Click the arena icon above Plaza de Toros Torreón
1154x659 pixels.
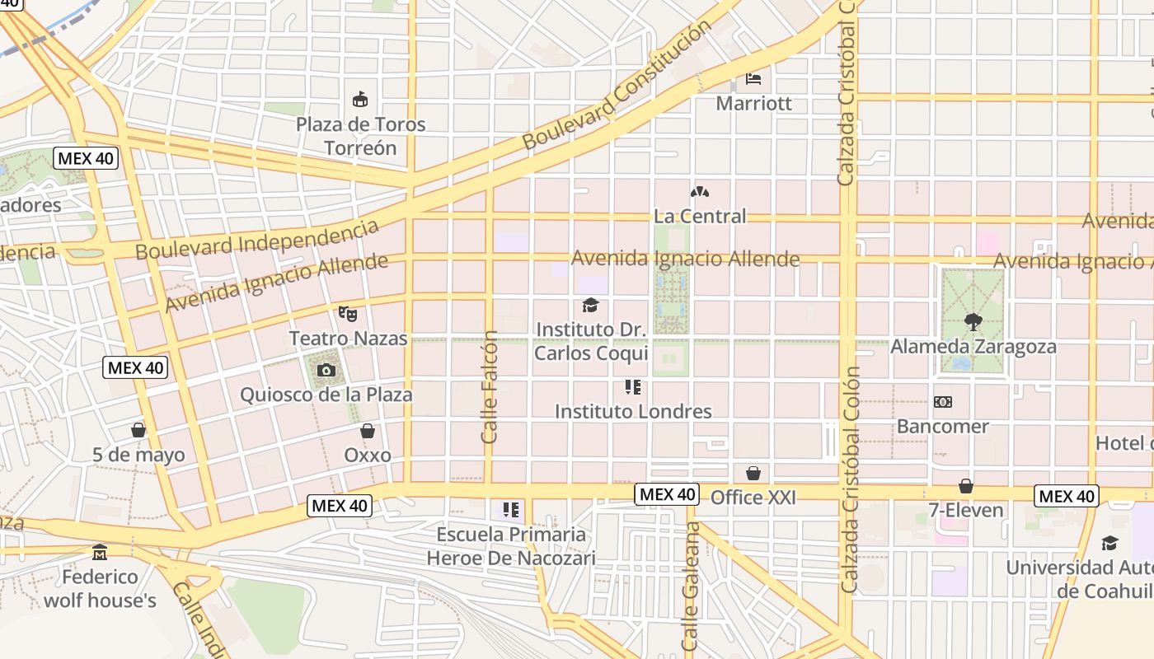(x=359, y=100)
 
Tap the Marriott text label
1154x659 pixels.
(x=753, y=104)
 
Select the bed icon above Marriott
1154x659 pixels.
(x=753, y=79)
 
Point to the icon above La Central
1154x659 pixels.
(x=700, y=193)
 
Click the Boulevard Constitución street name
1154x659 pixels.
(x=617, y=85)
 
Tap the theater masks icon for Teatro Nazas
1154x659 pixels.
(x=348, y=314)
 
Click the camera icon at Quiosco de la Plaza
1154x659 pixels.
(x=326, y=371)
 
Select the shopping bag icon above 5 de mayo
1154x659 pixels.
(x=138, y=430)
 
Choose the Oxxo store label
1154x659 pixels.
(x=368, y=455)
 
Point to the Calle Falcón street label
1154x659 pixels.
(x=490, y=387)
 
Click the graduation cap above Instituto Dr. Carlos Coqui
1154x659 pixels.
(x=590, y=306)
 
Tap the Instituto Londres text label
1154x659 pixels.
(x=633, y=411)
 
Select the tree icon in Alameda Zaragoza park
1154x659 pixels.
(x=973, y=322)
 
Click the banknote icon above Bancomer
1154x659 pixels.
(x=943, y=402)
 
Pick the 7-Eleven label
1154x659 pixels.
(x=966, y=511)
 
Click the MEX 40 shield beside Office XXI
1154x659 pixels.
(x=667, y=494)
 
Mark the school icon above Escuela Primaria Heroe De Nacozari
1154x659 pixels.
(x=511, y=510)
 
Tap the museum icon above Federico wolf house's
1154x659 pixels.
(x=100, y=552)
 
